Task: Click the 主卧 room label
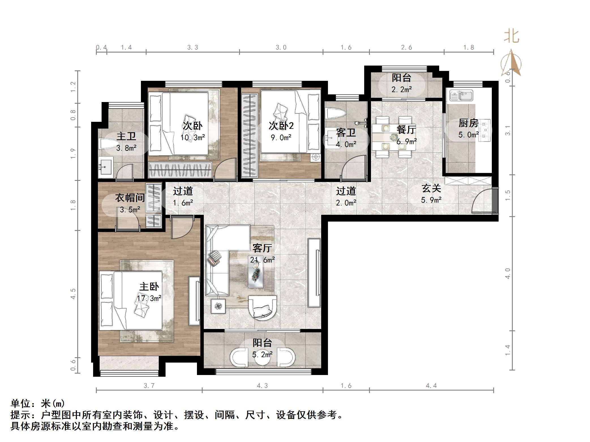pyautogui.click(x=149, y=287)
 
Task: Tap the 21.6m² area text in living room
pyautogui.click(x=262, y=260)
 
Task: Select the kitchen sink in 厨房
pyautogui.click(x=462, y=96)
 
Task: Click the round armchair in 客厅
pyautogui.click(x=262, y=308)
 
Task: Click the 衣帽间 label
pyautogui.click(x=130, y=198)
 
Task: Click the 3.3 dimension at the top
pyautogui.click(x=193, y=47)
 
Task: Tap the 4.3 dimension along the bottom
pyautogui.click(x=262, y=386)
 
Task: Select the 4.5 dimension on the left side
pyautogui.click(x=73, y=294)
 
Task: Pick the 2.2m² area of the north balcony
pyautogui.click(x=402, y=90)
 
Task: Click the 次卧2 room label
pyautogui.click(x=281, y=126)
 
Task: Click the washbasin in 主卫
pyautogui.click(x=106, y=167)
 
